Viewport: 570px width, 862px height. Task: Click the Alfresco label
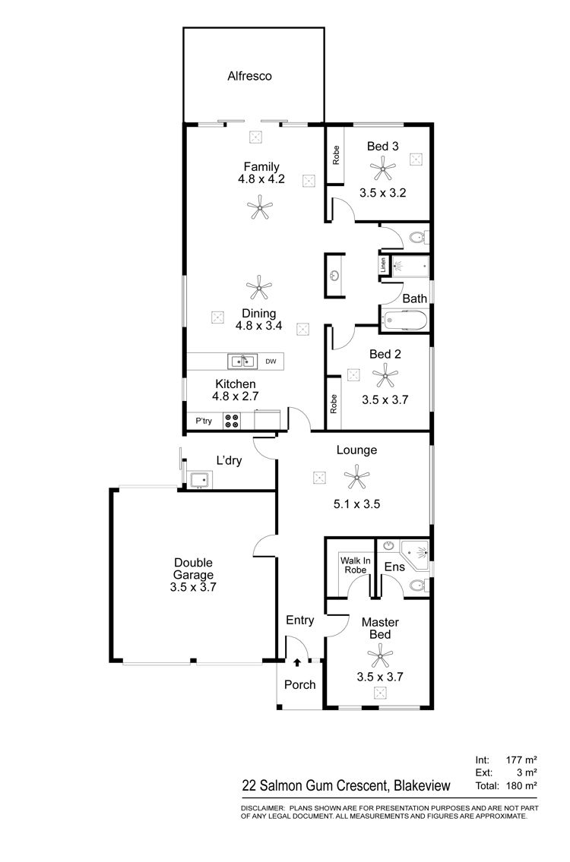(x=250, y=76)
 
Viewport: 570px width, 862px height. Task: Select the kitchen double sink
(x=242, y=362)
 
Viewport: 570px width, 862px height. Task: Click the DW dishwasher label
(x=271, y=362)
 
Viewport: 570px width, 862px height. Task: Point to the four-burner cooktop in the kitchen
(x=232, y=421)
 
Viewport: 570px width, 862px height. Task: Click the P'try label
(x=204, y=421)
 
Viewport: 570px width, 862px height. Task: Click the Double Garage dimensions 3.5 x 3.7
(x=193, y=587)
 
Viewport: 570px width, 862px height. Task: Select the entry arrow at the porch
(x=298, y=663)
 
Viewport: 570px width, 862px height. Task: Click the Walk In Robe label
(x=356, y=565)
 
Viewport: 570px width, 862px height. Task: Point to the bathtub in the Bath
(x=404, y=320)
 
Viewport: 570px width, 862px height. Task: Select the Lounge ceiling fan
(x=356, y=477)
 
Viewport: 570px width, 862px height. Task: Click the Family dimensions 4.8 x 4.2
(x=261, y=178)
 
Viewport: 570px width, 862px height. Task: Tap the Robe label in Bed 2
(x=334, y=404)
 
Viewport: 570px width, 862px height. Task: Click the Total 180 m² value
(x=521, y=785)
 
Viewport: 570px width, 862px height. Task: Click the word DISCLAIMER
(x=263, y=808)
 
